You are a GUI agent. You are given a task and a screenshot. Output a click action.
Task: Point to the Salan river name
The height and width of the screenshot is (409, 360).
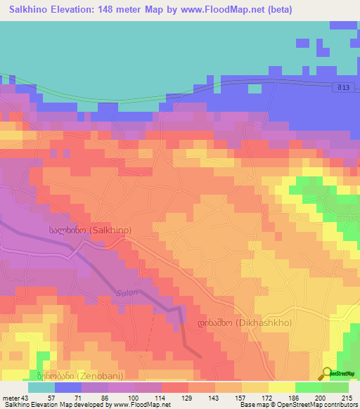[x=124, y=293]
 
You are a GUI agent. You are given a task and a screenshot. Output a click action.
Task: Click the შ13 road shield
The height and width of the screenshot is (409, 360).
[x=340, y=86]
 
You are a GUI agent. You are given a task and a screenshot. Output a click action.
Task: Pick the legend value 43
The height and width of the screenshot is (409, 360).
[x=27, y=398]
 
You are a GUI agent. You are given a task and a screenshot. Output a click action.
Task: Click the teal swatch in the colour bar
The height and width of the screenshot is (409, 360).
[x=41, y=387]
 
